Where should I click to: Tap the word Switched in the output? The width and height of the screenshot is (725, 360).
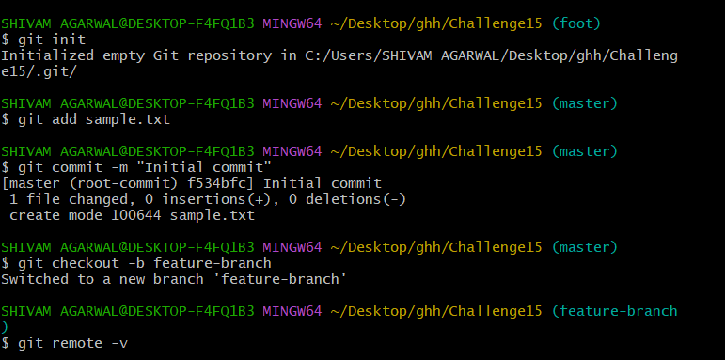(35, 279)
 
